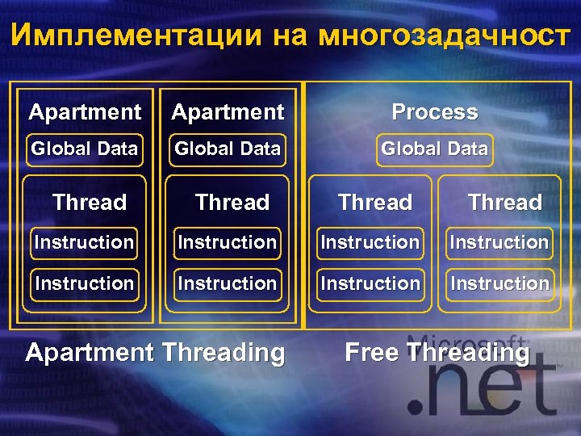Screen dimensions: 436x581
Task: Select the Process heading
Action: (434, 112)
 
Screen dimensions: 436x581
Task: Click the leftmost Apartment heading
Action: (85, 112)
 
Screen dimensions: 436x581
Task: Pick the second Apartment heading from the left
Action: (228, 112)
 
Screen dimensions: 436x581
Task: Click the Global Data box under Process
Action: (434, 149)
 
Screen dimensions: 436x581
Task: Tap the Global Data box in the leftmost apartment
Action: (84, 149)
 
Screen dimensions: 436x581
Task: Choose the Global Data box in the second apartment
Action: (228, 149)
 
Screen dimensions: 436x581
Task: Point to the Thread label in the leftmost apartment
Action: (90, 202)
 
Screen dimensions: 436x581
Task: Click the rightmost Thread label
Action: (505, 202)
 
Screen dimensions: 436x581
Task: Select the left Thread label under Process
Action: (375, 202)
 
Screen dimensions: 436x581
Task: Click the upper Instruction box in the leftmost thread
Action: (84, 242)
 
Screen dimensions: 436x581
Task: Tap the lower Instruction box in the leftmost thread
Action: (84, 283)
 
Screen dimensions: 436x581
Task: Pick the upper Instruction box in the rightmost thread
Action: (499, 242)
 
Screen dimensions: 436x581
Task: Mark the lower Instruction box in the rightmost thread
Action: (499, 283)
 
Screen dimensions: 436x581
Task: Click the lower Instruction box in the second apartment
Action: (227, 283)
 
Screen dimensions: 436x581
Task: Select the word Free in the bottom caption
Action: (373, 353)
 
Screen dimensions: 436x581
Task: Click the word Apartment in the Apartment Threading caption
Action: (90, 353)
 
